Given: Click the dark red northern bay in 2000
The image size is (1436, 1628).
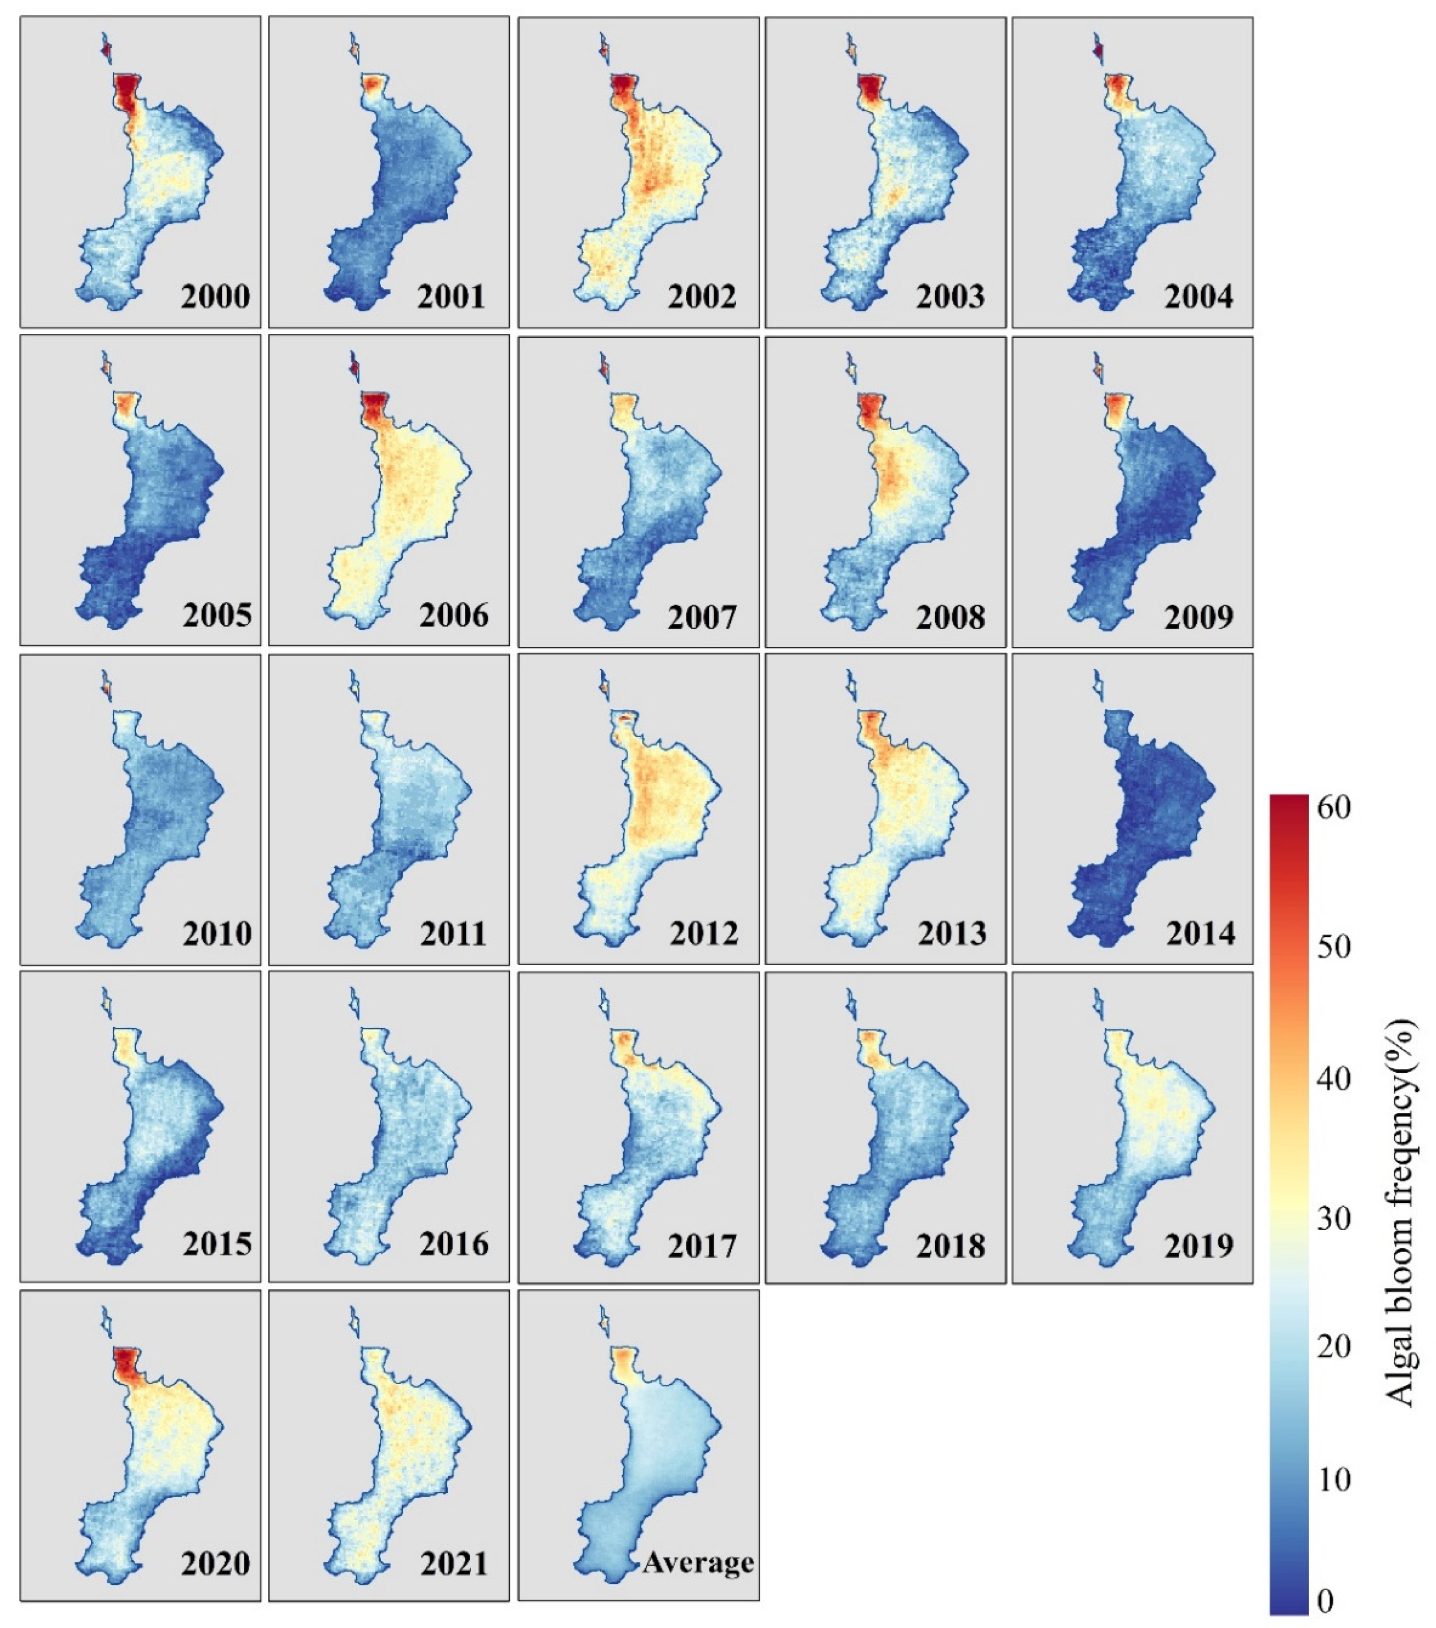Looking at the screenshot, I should click(126, 92).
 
